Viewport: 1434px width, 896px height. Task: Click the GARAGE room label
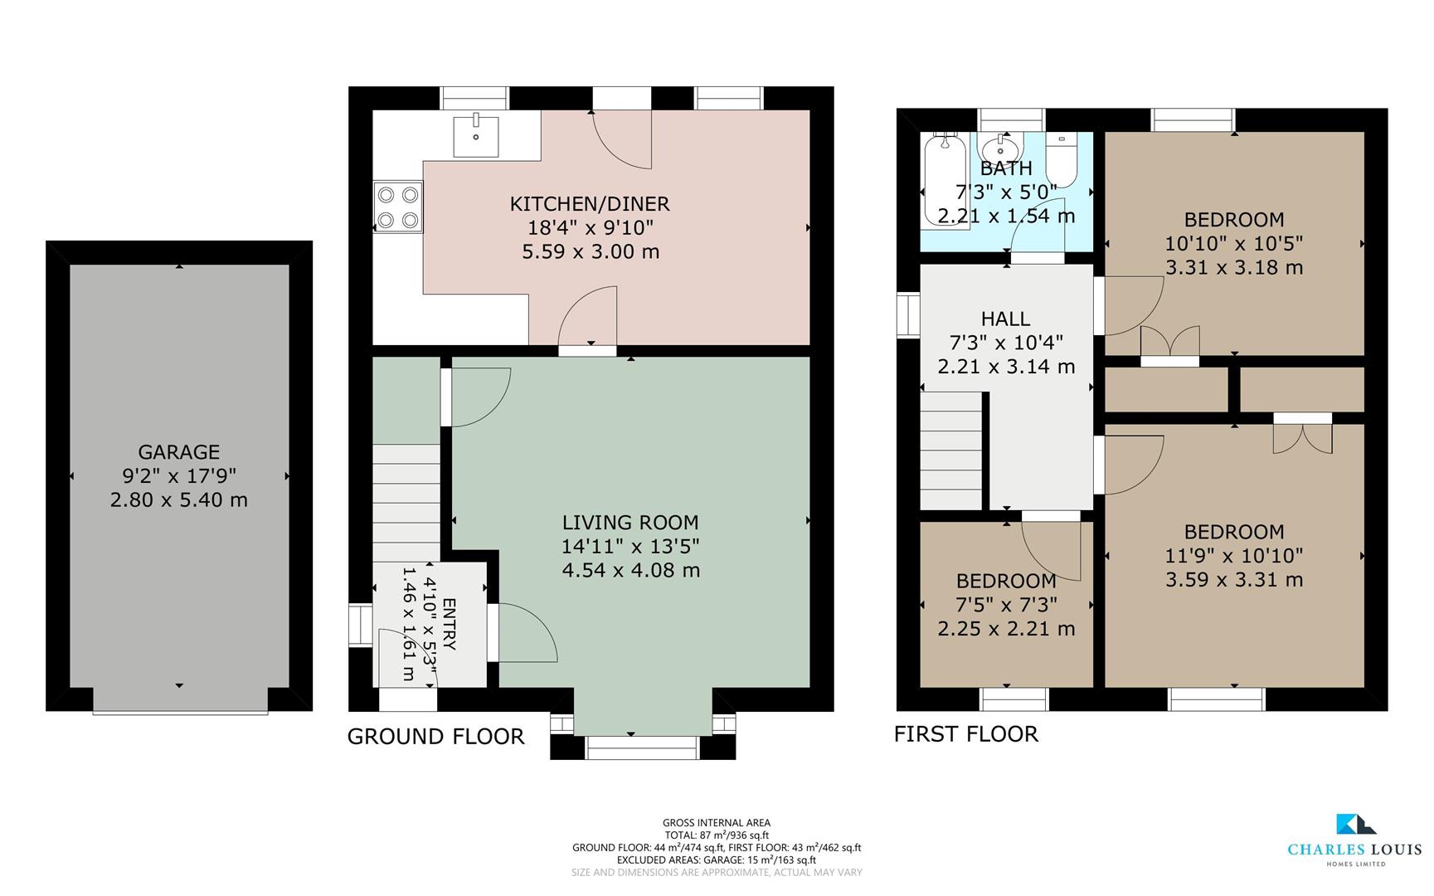(178, 452)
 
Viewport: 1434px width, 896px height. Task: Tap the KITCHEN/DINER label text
(589, 204)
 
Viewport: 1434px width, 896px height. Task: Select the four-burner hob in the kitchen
(398, 207)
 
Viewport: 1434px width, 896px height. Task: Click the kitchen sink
(476, 136)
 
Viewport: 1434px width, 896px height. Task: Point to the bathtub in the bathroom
(944, 183)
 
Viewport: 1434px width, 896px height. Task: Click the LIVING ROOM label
(630, 523)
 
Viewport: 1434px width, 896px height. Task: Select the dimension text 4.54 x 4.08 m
(630, 571)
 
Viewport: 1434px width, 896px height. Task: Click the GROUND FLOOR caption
(435, 737)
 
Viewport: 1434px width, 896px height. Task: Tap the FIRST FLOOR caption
(965, 734)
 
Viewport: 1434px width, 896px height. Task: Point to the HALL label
(1005, 319)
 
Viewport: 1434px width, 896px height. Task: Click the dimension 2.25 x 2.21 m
(1006, 630)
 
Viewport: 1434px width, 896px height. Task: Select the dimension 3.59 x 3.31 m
(1233, 580)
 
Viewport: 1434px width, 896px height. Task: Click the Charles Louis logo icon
(1354, 825)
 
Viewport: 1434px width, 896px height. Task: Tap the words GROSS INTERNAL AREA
(717, 823)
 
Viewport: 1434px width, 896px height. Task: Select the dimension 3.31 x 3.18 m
(1233, 268)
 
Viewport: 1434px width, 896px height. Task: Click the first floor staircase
(951, 452)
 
